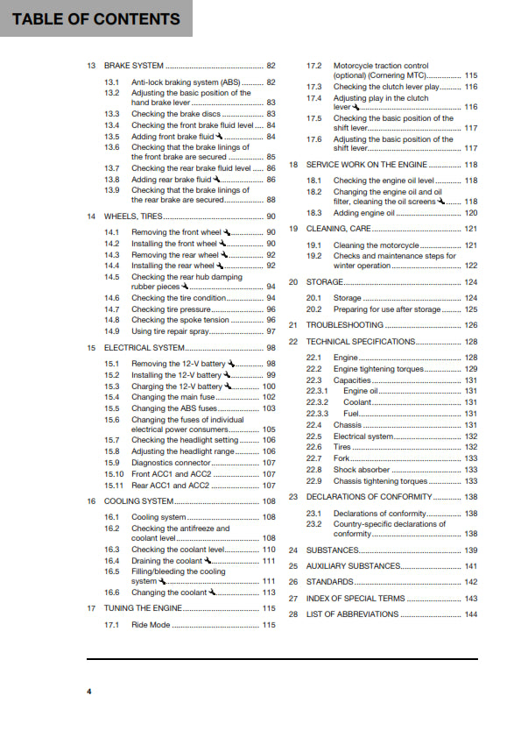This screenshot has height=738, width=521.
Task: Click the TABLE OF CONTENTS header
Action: [x=96, y=18]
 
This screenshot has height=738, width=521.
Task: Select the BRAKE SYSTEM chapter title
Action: [x=134, y=66]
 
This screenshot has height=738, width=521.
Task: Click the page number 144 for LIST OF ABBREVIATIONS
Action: [x=470, y=614]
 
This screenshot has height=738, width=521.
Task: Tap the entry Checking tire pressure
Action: [x=172, y=309]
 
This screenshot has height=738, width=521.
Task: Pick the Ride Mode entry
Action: [x=151, y=626]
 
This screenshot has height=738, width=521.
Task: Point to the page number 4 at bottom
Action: [x=88, y=692]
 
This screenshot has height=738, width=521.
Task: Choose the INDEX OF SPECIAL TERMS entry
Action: [x=355, y=599]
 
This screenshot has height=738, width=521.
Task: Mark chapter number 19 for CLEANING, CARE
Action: [x=293, y=228]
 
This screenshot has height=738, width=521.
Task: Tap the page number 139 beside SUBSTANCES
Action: [x=470, y=550]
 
